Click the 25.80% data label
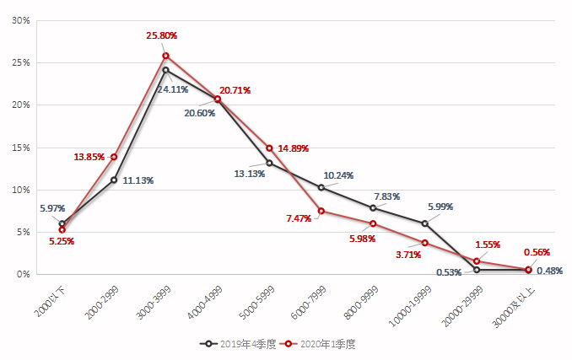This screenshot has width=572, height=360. [161, 35]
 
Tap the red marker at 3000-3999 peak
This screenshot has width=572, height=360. [166, 56]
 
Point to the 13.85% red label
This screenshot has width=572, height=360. [89, 157]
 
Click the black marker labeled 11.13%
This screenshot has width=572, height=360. [114, 180]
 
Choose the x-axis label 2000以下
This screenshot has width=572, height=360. [50, 300]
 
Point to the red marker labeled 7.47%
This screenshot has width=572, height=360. [321, 211]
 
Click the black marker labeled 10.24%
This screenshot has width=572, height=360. [321, 187]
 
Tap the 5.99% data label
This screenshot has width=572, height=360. [441, 207]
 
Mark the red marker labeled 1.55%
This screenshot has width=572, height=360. [477, 261]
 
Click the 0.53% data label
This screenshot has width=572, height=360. [449, 271]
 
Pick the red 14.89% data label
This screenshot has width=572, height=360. [294, 149]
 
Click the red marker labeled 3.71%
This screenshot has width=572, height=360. [425, 243]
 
